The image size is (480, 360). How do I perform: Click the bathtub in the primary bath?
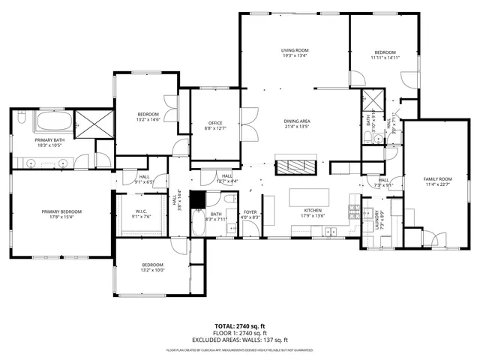point(52,121)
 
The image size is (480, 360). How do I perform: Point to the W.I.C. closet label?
point(143,211)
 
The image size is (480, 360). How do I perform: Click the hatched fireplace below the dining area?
point(297,166)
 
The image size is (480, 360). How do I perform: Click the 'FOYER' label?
point(250,212)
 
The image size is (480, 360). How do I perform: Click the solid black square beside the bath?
point(197,199)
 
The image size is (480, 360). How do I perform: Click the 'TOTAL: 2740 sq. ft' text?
point(239,325)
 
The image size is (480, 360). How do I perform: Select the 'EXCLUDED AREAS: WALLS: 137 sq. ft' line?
point(239,339)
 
